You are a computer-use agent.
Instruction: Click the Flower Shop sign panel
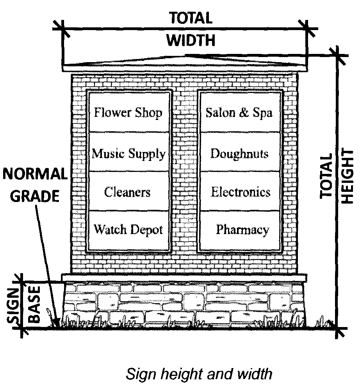(x=128, y=113)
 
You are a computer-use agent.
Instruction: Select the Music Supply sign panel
(x=128, y=153)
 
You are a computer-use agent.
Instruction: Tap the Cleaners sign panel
(x=128, y=192)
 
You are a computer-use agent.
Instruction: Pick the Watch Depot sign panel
(x=128, y=229)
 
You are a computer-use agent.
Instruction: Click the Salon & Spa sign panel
(x=239, y=113)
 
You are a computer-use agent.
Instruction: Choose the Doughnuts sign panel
(x=239, y=153)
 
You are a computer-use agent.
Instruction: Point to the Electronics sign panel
(x=241, y=192)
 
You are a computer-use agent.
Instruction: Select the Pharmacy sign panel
(x=242, y=229)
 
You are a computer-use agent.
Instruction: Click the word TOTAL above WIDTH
(x=191, y=18)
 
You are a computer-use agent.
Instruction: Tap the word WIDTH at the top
(x=191, y=40)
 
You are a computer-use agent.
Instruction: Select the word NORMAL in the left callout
(x=35, y=174)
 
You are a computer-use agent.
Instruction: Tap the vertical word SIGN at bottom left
(x=14, y=304)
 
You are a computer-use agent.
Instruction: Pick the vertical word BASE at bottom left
(x=34, y=304)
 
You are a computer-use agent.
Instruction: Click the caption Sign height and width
(x=199, y=374)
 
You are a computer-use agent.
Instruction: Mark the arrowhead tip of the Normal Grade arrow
(x=57, y=325)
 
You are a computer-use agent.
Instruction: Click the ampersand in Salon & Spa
(x=244, y=113)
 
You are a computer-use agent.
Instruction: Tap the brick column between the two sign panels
(x=185, y=172)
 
